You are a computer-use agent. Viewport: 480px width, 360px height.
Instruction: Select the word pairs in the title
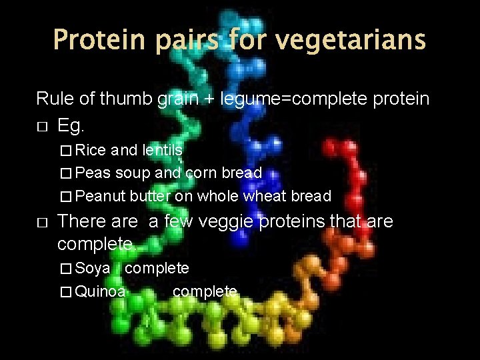(x=187, y=40)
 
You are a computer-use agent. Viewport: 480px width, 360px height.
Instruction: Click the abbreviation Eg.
(x=73, y=125)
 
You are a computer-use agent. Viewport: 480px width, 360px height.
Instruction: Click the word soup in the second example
(x=133, y=173)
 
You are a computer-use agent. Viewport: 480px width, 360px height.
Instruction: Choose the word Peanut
(x=100, y=196)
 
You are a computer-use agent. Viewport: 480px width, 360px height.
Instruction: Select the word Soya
(x=93, y=269)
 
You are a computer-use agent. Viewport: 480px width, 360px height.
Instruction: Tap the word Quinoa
(x=101, y=291)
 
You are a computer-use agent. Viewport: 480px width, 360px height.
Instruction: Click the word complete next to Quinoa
(x=205, y=291)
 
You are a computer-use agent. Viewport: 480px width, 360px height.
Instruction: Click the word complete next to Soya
(x=157, y=269)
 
